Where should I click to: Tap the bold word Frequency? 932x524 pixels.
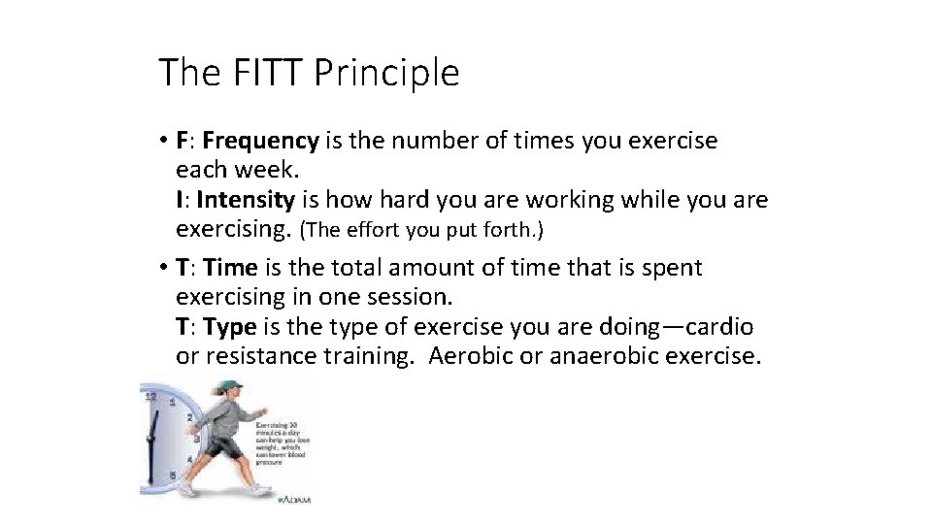tap(260, 142)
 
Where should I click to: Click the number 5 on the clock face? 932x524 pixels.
tap(174, 475)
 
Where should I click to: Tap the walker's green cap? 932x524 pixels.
tap(228, 387)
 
